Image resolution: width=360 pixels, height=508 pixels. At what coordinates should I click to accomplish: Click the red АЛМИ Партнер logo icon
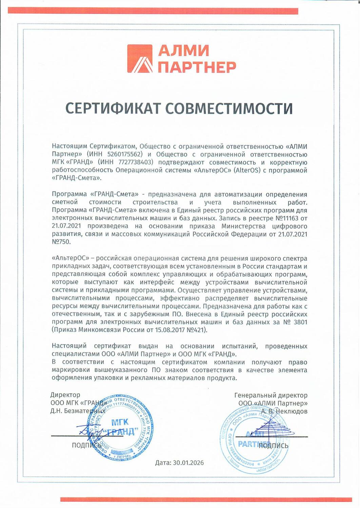[x=141, y=59]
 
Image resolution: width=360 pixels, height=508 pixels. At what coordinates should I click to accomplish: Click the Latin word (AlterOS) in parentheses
[x=247, y=170]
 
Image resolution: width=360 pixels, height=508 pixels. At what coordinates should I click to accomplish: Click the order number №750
[x=61, y=242]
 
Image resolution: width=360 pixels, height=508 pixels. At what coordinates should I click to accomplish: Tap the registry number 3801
[x=300, y=322]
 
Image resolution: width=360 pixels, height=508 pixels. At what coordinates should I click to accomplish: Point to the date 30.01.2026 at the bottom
[x=188, y=463]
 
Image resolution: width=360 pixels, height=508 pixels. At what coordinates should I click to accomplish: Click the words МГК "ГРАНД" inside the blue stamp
[x=120, y=427]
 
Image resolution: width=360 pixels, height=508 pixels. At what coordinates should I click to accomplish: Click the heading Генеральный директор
[x=271, y=395]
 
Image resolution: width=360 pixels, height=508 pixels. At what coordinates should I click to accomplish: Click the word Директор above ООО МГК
[x=65, y=395]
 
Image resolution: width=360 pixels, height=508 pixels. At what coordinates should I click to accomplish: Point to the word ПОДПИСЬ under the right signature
[x=273, y=446]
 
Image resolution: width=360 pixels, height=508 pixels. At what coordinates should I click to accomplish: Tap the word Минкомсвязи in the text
[x=99, y=330]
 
